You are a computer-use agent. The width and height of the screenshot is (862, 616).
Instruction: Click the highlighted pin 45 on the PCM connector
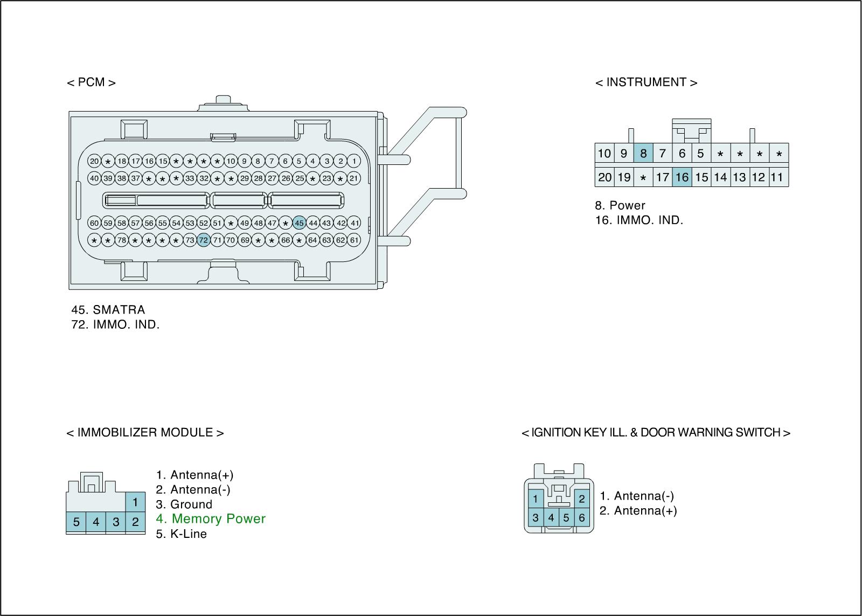(x=300, y=223)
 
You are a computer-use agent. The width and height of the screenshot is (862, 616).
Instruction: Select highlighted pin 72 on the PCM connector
(x=203, y=240)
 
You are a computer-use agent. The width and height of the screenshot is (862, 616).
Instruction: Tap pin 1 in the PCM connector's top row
(x=354, y=161)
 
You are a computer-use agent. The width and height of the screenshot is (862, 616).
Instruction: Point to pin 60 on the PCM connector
(x=94, y=223)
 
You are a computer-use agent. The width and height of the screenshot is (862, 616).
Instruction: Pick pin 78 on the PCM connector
(x=122, y=240)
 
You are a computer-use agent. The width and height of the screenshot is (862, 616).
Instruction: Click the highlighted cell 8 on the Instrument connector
(x=643, y=154)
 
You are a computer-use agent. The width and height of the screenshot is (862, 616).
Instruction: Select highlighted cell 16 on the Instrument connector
(x=682, y=177)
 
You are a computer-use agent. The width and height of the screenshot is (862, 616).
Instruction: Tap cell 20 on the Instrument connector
(x=604, y=177)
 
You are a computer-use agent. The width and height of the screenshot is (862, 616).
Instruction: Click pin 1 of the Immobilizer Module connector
(x=135, y=502)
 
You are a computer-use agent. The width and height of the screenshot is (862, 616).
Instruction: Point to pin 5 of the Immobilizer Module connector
(x=77, y=522)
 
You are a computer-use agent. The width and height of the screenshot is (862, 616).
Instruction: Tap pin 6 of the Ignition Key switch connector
(x=581, y=518)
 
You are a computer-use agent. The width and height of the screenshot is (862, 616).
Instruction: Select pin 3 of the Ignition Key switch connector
(x=536, y=518)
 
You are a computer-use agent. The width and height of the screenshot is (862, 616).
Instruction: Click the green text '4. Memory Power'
(x=211, y=519)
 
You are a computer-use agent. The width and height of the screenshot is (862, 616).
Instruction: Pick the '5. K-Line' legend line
(x=182, y=534)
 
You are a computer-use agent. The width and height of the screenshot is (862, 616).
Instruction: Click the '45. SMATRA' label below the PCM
(x=108, y=310)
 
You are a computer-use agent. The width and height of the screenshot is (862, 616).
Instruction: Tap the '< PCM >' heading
(x=91, y=82)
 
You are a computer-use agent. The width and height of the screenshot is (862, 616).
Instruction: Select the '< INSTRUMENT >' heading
(x=646, y=82)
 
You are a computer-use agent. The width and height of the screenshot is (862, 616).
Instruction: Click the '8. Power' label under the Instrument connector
(x=620, y=205)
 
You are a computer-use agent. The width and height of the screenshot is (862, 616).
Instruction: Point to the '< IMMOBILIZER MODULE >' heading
(x=145, y=433)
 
